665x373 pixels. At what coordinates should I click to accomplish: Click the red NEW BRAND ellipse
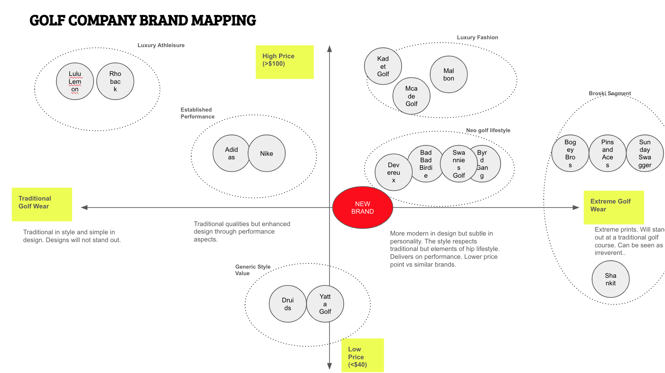(363, 207)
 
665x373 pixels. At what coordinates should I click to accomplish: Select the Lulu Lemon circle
(75, 81)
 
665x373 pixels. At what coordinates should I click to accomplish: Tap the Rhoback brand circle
(115, 81)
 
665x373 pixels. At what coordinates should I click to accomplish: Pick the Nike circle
(266, 153)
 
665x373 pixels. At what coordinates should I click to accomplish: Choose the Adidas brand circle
(231, 153)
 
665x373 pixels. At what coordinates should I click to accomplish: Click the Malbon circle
(449, 74)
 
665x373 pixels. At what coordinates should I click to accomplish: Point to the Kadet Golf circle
(383, 66)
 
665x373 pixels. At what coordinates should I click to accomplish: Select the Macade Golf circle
(411, 96)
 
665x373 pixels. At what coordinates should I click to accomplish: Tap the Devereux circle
(394, 172)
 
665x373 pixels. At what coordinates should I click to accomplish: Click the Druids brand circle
(288, 304)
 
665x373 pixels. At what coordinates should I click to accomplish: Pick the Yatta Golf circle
(325, 304)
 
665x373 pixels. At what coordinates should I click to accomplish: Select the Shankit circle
(610, 279)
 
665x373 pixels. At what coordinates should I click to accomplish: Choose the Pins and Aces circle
(607, 153)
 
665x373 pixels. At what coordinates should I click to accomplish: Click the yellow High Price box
(284, 62)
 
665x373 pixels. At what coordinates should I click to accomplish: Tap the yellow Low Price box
(363, 355)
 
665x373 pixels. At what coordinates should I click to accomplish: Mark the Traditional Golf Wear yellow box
(42, 204)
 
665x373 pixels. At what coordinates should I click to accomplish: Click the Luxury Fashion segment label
(477, 37)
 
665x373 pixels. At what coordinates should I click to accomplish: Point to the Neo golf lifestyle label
(488, 130)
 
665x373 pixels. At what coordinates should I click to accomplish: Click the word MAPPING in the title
(224, 20)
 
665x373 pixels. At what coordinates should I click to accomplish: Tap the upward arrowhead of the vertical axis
(330, 48)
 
